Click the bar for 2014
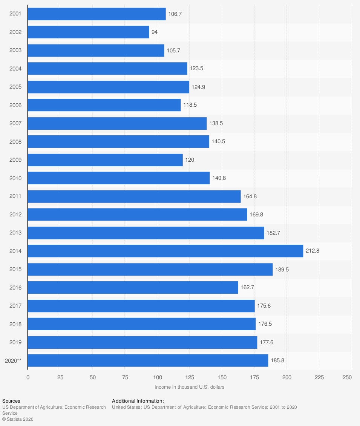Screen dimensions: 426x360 (x=165, y=251)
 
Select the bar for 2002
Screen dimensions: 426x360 (x=88, y=32)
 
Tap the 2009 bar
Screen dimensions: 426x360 (x=105, y=160)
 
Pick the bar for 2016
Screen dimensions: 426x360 (x=133, y=288)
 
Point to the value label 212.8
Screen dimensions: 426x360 (x=313, y=251)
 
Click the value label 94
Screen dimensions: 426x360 (x=155, y=32)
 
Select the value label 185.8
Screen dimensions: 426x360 (x=277, y=360)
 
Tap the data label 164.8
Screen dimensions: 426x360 (x=250, y=196)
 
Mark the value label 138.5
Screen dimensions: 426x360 (x=216, y=123)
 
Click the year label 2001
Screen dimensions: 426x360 (x=15, y=14)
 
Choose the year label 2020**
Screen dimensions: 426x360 (x=13, y=360)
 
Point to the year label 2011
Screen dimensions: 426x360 (x=15, y=196)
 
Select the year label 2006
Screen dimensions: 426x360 (x=15, y=105)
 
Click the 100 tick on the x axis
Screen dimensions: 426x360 (x=157, y=377)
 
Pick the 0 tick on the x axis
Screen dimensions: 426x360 (x=28, y=377)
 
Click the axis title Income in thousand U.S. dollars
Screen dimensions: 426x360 (x=190, y=387)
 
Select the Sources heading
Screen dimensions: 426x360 (x=11, y=401)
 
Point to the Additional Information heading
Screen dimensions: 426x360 (x=138, y=401)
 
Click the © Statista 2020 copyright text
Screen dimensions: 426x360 (x=18, y=419)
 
